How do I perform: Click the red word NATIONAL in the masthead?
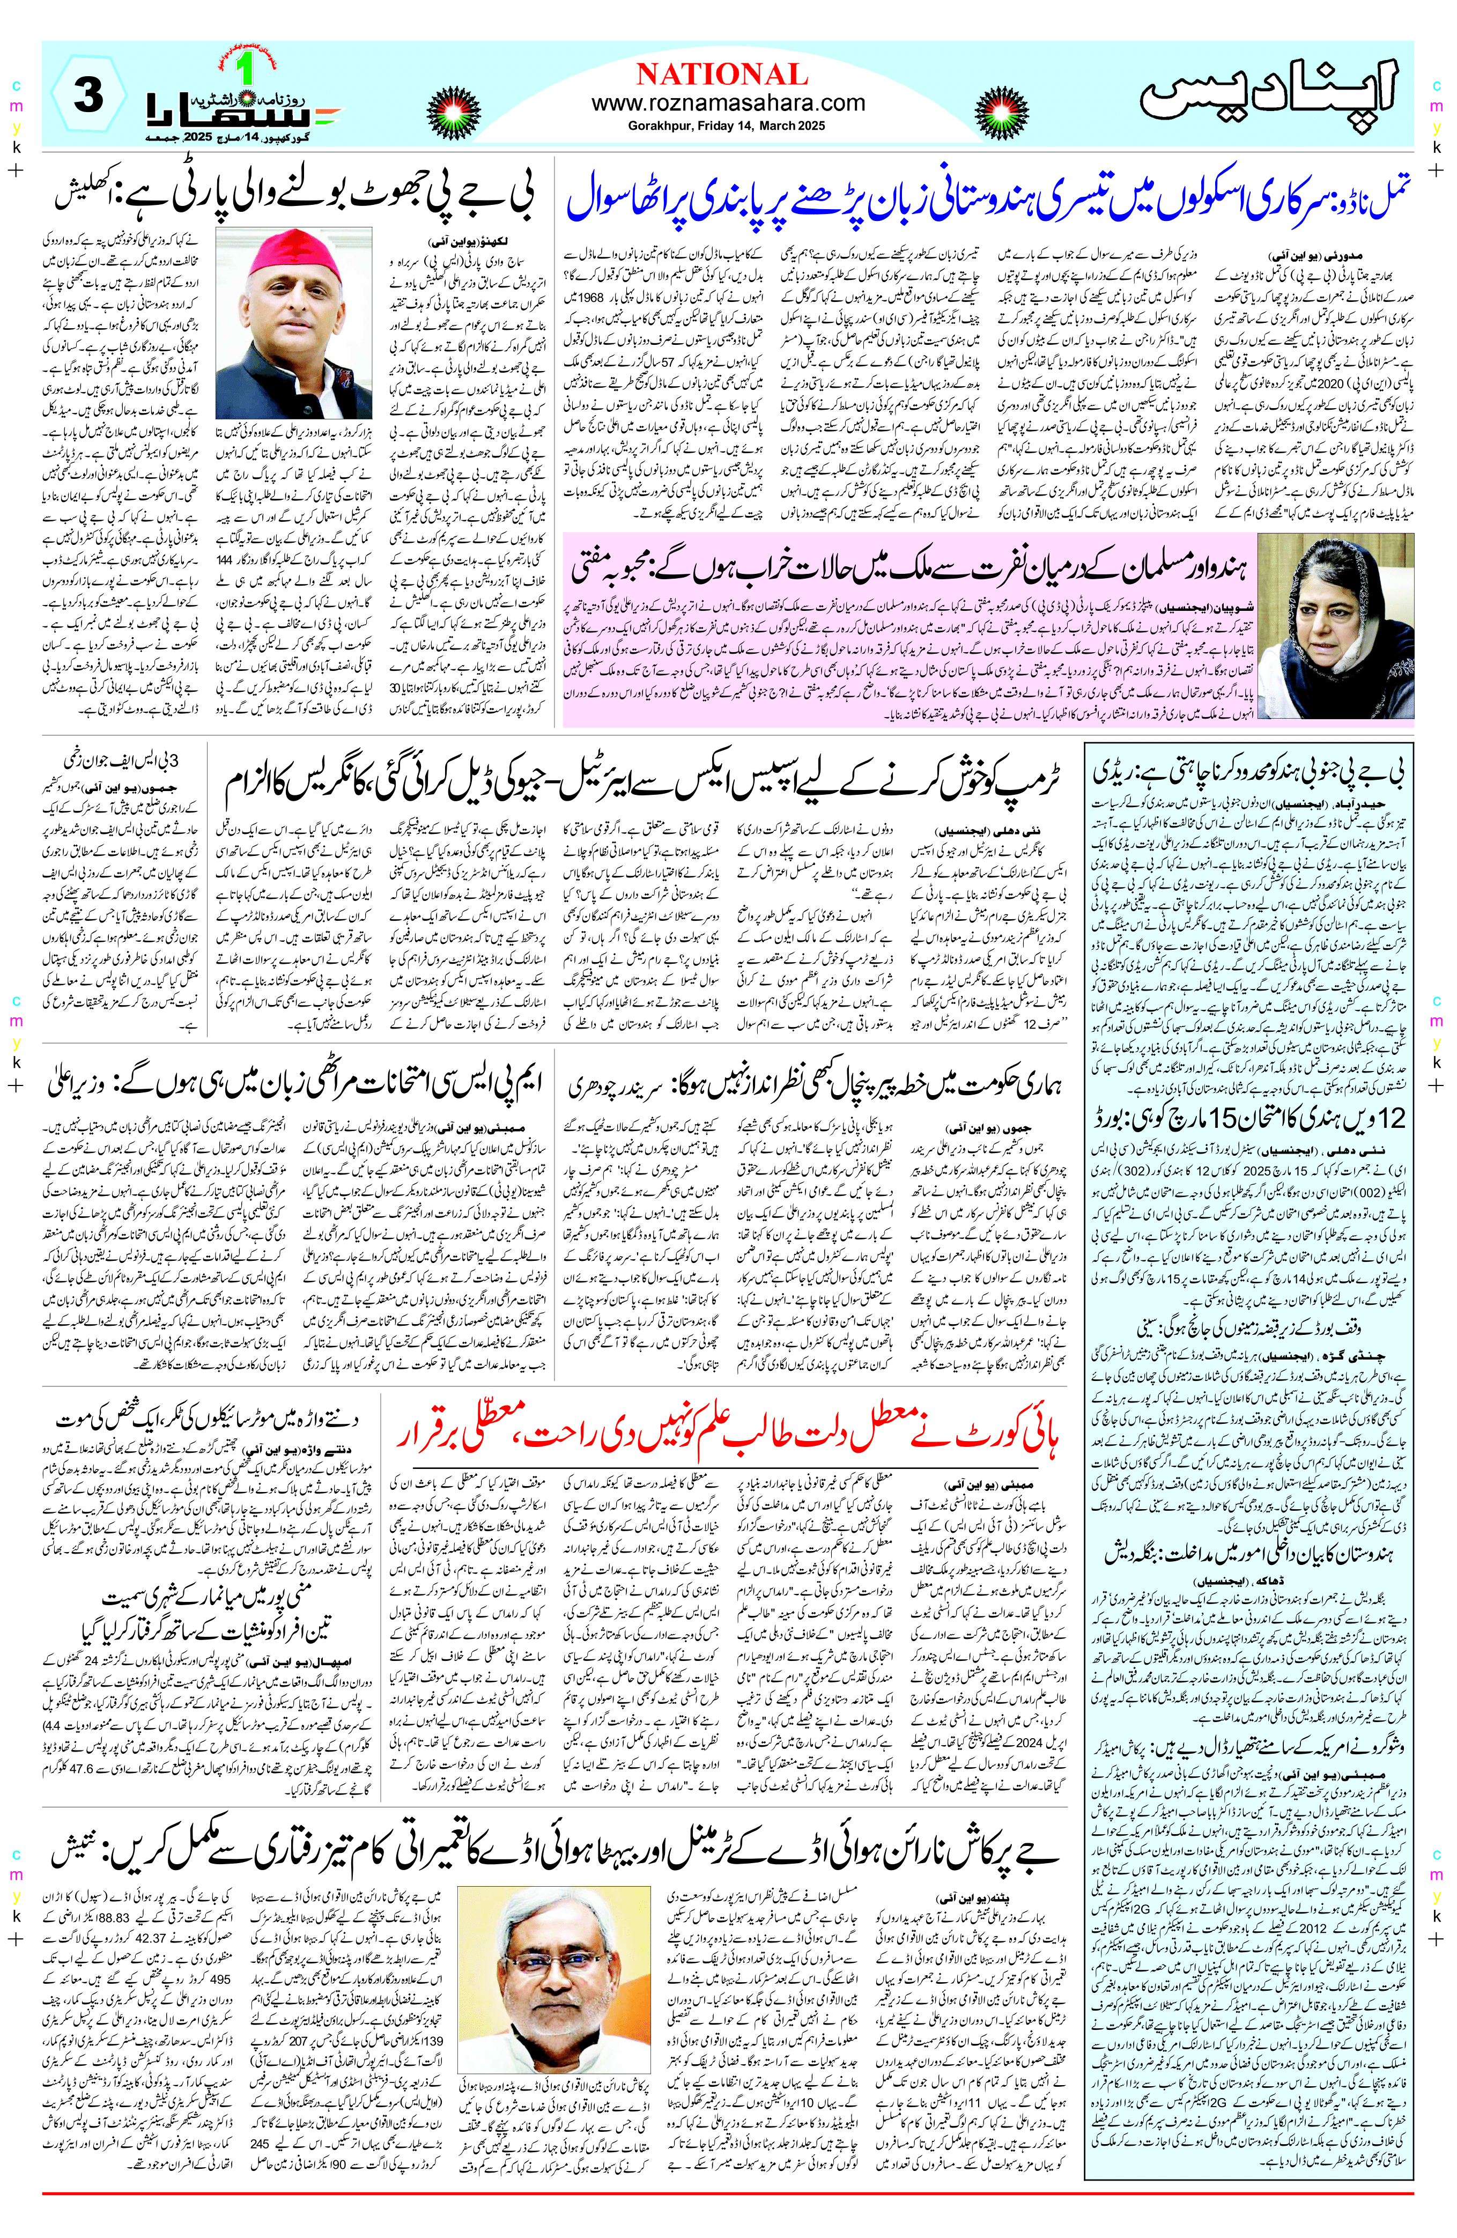click(x=722, y=75)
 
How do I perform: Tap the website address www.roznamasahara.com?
click(x=728, y=104)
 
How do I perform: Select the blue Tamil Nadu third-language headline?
click(x=987, y=197)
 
